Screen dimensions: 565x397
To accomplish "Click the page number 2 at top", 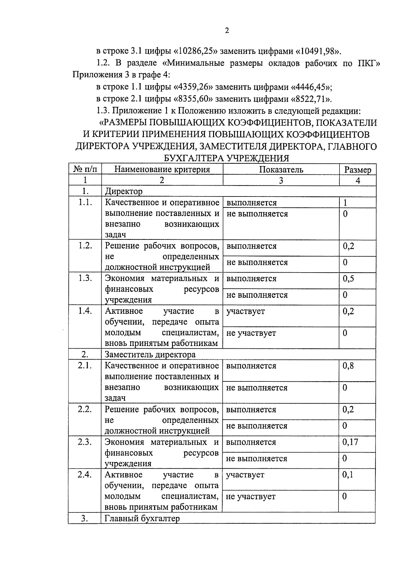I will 227,31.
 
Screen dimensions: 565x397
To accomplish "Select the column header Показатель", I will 281,170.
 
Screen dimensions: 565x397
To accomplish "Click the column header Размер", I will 358,170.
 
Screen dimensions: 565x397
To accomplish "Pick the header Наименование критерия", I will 162,170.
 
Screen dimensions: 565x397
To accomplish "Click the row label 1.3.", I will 85,278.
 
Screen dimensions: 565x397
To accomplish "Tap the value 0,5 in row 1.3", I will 348,279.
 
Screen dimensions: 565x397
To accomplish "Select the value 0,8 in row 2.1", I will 348,366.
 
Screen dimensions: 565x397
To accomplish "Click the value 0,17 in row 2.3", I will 350,442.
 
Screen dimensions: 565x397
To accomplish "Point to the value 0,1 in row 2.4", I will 348,475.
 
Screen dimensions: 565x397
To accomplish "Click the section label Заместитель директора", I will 150,355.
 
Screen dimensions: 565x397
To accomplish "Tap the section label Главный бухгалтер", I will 142,518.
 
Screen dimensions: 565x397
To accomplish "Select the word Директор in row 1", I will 123,191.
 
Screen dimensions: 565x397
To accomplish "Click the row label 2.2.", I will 85,409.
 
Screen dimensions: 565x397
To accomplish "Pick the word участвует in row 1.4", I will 245,311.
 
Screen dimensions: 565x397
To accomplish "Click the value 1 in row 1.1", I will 345,203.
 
